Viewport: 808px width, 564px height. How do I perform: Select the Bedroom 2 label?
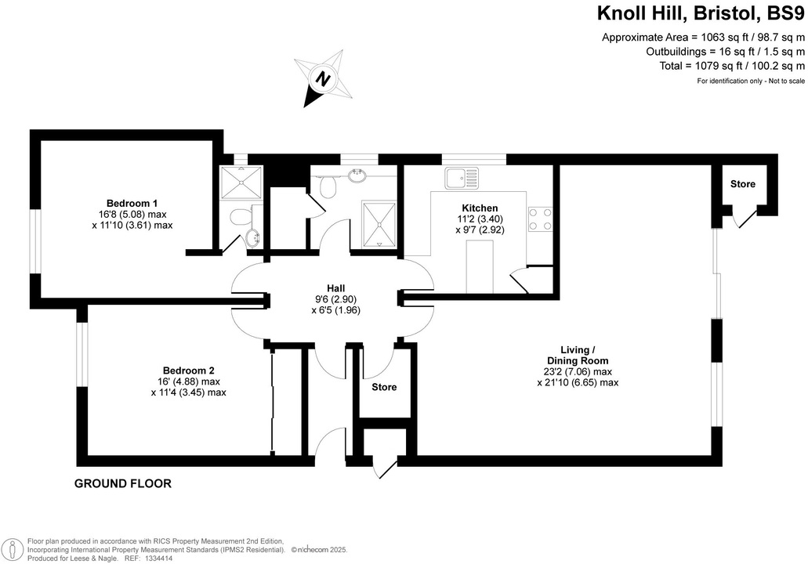coord(188,371)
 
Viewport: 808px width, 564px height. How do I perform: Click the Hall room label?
coord(336,287)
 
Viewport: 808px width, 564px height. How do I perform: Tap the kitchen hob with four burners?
coord(540,219)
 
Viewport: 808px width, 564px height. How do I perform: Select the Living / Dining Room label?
coord(578,355)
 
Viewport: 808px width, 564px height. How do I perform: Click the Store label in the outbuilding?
coord(743,185)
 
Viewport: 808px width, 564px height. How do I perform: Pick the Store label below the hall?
coord(384,387)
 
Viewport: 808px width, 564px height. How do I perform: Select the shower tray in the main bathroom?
coord(379,222)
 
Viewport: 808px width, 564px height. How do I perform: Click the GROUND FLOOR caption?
coord(122,484)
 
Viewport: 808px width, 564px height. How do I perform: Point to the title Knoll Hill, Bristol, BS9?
coord(699,13)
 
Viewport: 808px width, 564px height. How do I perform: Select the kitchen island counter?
coord(480,267)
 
